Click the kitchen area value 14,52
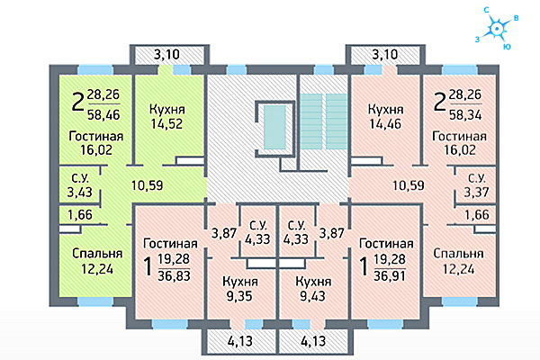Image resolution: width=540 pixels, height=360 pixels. (166, 123)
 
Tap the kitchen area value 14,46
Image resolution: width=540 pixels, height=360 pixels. (385, 123)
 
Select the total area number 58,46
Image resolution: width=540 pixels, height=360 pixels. (103, 114)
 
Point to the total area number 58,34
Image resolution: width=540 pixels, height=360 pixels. (465, 114)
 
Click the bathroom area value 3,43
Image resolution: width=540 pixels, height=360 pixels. (79, 193)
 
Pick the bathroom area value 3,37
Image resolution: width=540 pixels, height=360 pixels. (476, 193)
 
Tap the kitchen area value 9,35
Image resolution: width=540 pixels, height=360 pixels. (239, 296)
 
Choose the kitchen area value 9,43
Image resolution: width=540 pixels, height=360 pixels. (312, 296)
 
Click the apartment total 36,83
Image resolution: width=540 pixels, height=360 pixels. (174, 276)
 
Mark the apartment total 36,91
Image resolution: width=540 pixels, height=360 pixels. (390, 276)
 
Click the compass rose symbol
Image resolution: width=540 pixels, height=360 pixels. (497, 29)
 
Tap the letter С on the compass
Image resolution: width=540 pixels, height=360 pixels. (487, 10)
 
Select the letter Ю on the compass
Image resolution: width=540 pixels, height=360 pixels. (507, 47)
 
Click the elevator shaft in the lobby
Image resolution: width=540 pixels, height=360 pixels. (274, 127)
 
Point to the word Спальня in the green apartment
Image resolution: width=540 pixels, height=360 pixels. (97, 254)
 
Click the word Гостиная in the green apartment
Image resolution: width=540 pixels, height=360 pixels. (96, 136)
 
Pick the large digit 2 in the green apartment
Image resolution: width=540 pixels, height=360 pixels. (77, 102)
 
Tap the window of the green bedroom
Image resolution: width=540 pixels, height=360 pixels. (95, 301)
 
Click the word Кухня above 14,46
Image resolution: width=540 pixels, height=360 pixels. (385, 110)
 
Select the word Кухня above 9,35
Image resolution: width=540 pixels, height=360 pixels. (240, 282)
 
